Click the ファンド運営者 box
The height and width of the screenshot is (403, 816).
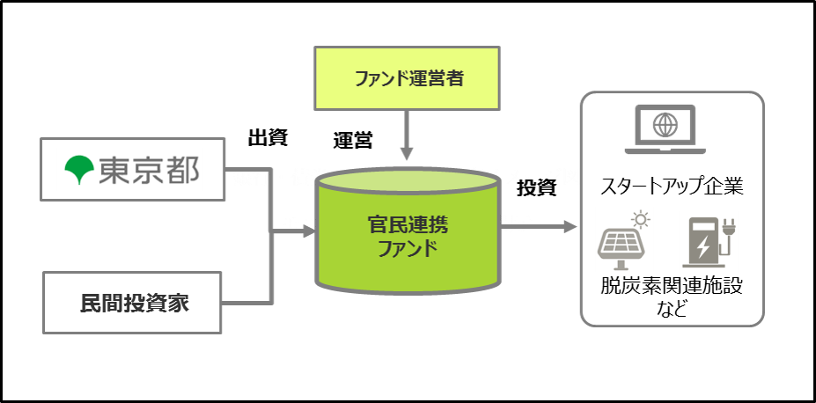(x=407, y=78)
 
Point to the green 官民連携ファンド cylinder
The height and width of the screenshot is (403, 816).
(x=407, y=231)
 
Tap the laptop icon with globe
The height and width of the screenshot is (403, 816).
(x=665, y=129)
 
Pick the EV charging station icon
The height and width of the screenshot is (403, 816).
(x=708, y=241)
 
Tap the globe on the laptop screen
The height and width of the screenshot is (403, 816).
(x=665, y=124)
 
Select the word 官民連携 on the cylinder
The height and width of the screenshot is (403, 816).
(x=407, y=223)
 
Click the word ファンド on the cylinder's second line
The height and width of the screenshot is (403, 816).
(x=407, y=247)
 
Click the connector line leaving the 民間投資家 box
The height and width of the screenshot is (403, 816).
(x=246, y=303)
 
